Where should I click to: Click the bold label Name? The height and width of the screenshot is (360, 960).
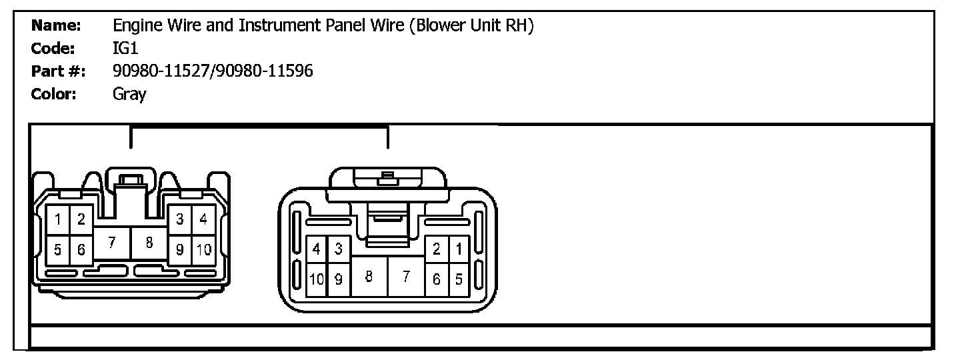click(57, 26)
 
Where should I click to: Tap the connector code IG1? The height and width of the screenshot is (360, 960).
click(125, 49)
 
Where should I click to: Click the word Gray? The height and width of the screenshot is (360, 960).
click(129, 94)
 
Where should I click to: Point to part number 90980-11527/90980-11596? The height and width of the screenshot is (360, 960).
click(213, 71)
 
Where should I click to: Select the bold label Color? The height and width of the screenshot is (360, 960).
click(55, 94)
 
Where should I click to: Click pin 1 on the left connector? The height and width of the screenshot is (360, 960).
click(59, 219)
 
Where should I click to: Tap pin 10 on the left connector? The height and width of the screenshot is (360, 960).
click(203, 250)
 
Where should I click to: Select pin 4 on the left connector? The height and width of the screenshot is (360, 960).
click(203, 219)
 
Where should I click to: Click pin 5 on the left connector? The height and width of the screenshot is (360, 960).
click(59, 250)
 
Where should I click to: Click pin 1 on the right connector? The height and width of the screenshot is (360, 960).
click(458, 249)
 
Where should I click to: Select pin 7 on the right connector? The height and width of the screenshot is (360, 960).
click(406, 277)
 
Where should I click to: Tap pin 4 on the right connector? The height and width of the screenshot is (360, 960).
click(317, 249)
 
